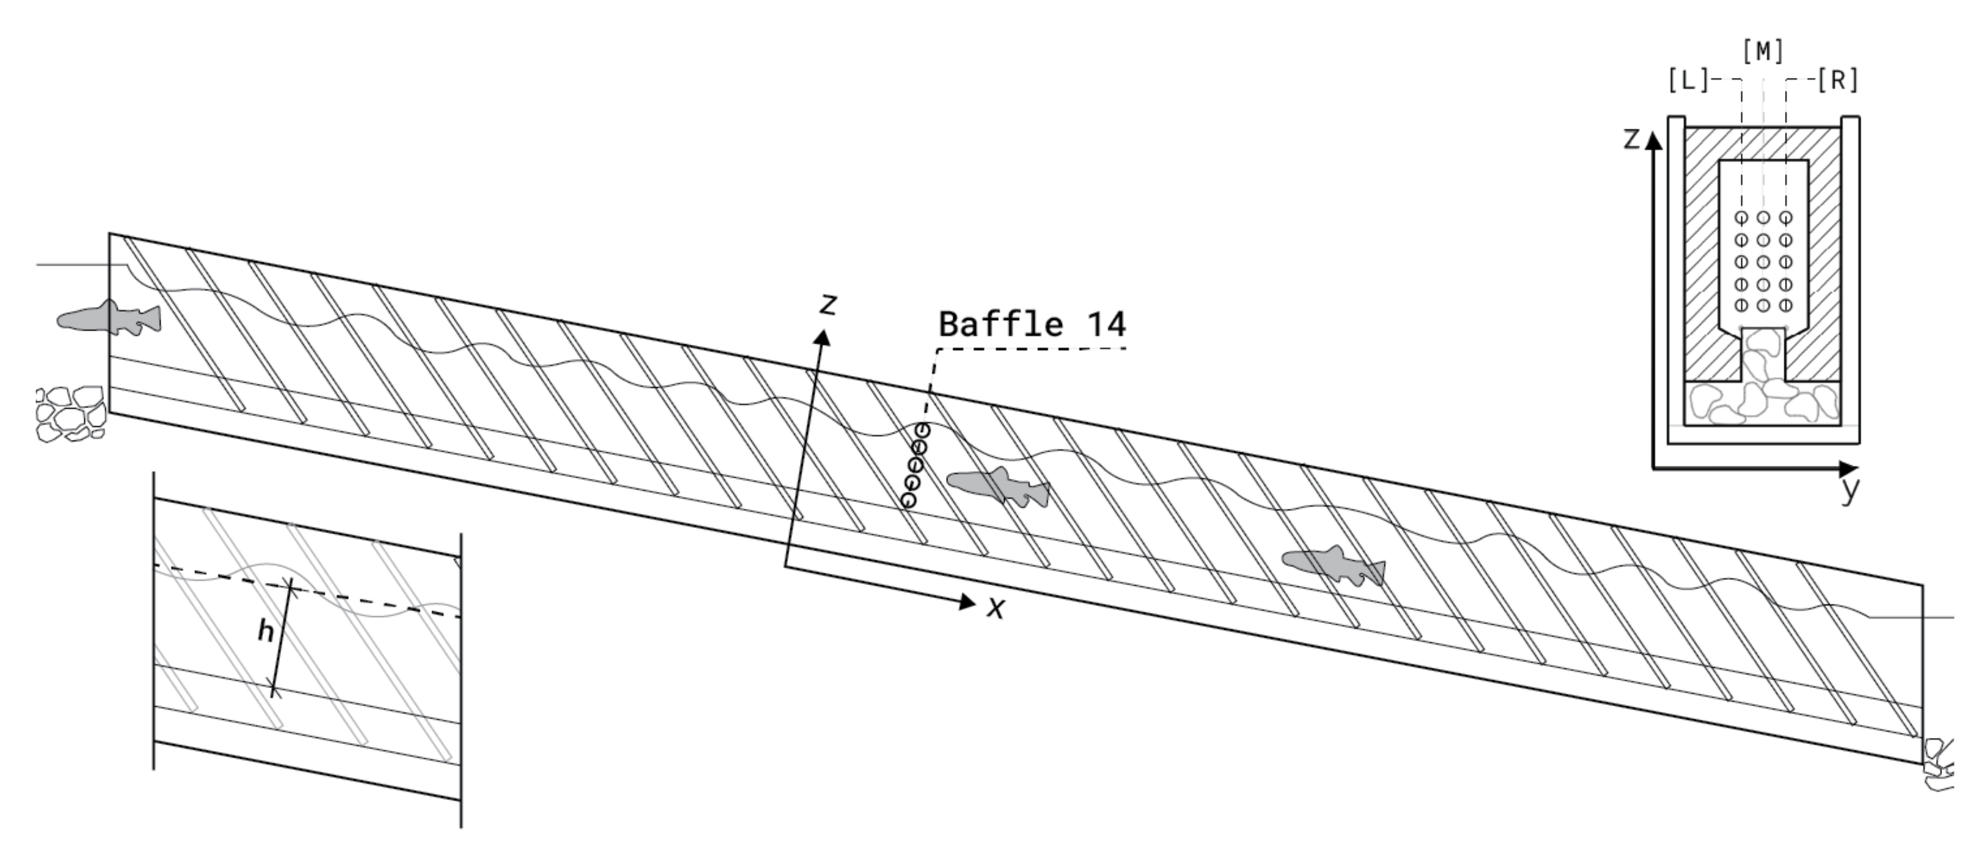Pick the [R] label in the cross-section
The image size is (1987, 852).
coord(1838,80)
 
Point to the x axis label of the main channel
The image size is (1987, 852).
coord(996,608)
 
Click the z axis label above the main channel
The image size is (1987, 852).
coord(829,305)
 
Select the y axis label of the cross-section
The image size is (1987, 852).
coord(1850,489)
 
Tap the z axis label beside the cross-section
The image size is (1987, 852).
coord(1631,139)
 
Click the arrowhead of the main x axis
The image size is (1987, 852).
coord(968,602)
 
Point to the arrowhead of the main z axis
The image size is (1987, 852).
coord(824,337)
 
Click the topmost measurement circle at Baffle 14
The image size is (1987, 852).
coord(922,429)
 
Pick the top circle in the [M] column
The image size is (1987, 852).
coord(1763,218)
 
